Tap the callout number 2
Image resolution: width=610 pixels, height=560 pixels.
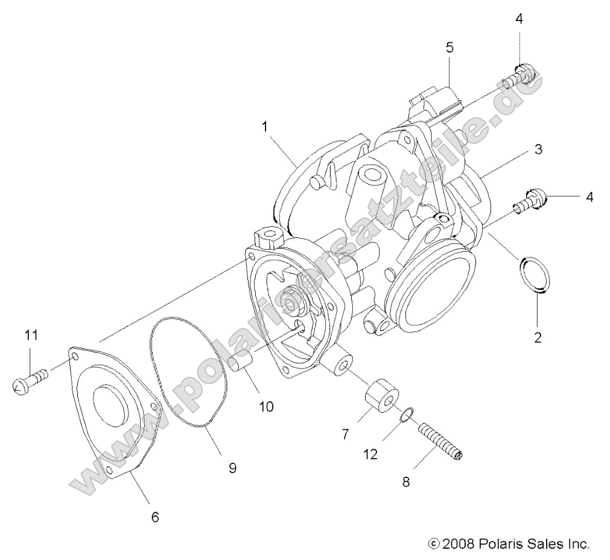point(538,337)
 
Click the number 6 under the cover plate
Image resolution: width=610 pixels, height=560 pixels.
point(155,517)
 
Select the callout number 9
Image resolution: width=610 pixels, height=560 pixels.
point(232,467)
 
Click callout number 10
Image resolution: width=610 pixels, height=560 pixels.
point(266,406)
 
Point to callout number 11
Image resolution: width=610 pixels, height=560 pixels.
point(31,335)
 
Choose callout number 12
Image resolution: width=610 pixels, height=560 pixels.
point(370,454)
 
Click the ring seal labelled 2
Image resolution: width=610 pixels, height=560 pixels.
point(535,275)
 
